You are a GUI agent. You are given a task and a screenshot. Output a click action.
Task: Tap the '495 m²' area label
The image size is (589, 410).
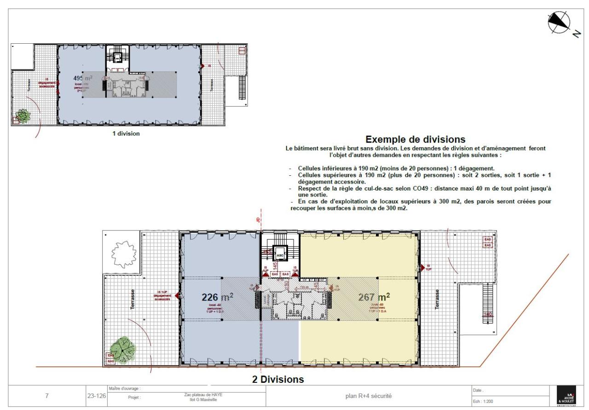click(x=83, y=78)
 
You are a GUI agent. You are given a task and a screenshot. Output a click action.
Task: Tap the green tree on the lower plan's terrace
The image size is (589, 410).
click(x=122, y=350)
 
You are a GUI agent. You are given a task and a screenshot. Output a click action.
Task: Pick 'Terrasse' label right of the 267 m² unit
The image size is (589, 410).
click(x=437, y=300)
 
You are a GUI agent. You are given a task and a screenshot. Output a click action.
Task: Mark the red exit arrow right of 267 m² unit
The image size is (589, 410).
click(x=422, y=267)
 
